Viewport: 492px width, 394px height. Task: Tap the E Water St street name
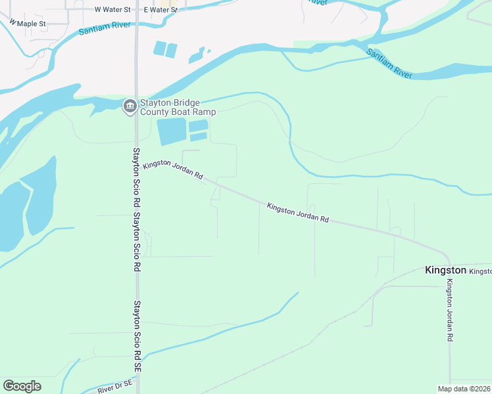coord(160,10)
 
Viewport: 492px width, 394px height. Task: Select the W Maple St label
coord(27,24)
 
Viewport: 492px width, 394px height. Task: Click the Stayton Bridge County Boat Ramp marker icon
coord(130,106)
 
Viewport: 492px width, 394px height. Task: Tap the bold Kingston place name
coord(445,270)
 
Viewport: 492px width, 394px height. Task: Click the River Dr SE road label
coord(115,389)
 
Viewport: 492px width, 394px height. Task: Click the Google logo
coord(22,386)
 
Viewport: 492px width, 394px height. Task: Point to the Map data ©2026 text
coord(464,389)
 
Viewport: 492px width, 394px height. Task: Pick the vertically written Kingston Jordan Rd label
coord(450,310)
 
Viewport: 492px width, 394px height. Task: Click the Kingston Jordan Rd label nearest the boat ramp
coord(173,171)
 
